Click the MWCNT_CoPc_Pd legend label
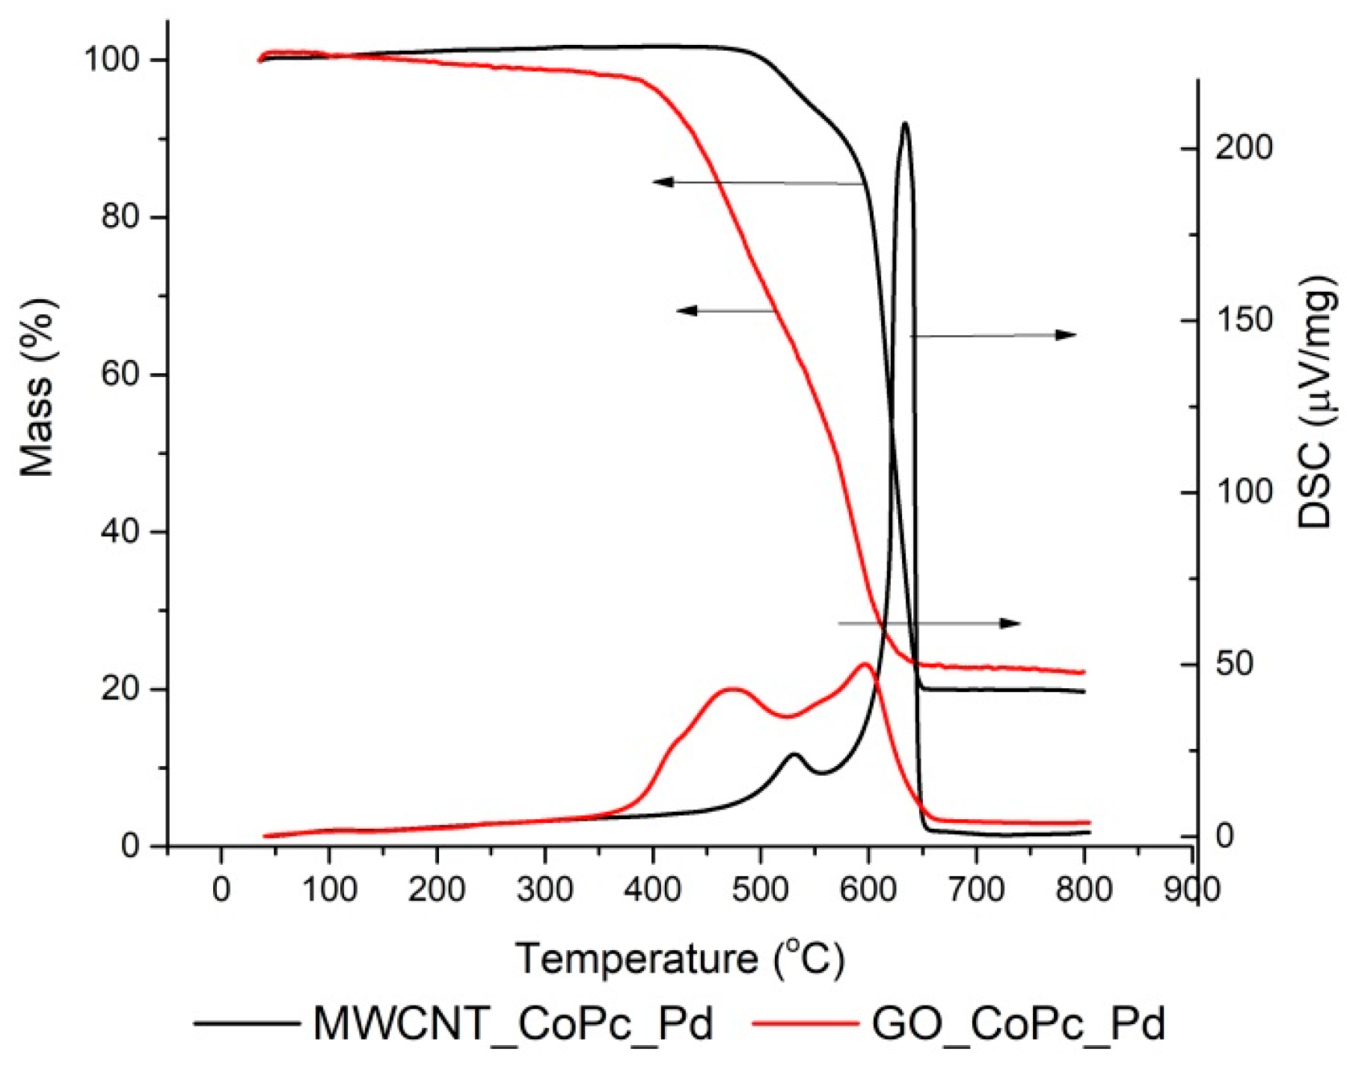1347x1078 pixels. coord(513,1024)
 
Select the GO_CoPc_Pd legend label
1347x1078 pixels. coord(1018,1024)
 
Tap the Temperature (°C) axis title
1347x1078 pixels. coord(679,959)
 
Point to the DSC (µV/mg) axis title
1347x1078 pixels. coord(1316,402)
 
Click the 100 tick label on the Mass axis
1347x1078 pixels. coord(112,60)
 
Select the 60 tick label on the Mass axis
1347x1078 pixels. coord(120,374)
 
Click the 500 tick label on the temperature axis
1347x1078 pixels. coord(760,889)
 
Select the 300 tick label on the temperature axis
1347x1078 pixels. coord(544,889)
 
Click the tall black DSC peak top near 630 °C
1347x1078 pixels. coord(905,123)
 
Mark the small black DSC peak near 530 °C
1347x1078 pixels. coord(794,754)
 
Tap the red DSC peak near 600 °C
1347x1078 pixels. coord(865,664)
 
